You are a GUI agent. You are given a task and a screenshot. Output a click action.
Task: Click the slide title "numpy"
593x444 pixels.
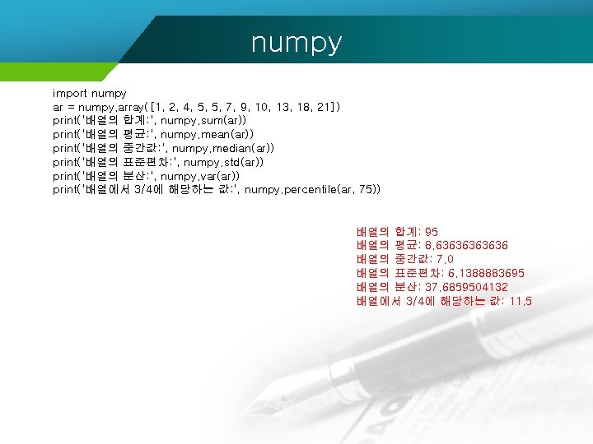(296, 42)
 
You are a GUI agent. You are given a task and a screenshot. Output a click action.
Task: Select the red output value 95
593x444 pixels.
(432, 232)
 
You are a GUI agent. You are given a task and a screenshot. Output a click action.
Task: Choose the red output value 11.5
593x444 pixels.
(521, 301)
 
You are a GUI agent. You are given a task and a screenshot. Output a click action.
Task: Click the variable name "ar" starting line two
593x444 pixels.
(58, 107)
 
